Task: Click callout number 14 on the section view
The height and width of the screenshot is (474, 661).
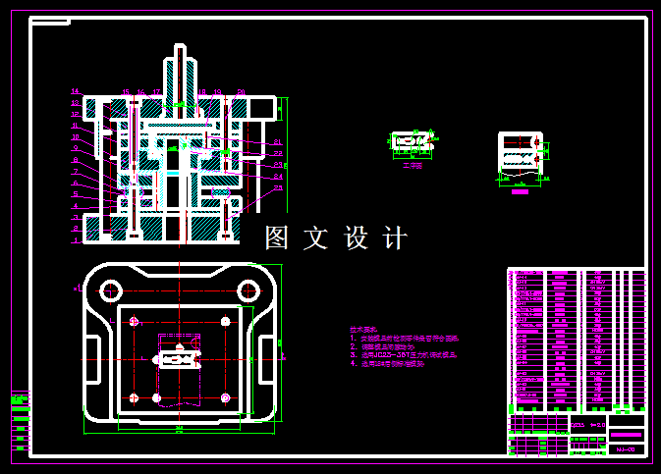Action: tap(75, 91)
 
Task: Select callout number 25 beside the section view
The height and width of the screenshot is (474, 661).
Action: tap(278, 187)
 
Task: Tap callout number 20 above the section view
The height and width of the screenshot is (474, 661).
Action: tap(242, 92)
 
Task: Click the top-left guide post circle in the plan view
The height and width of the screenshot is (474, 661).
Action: tap(110, 290)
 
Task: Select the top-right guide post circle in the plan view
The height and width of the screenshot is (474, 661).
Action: tap(248, 290)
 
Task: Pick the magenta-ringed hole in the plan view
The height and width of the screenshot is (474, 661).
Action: tap(226, 397)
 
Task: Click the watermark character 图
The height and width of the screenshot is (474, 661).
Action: tap(278, 237)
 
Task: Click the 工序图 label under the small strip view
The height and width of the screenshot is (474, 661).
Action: tap(412, 165)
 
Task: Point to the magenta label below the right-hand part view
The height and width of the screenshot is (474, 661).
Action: tap(520, 192)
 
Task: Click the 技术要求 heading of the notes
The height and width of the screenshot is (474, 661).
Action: tap(362, 330)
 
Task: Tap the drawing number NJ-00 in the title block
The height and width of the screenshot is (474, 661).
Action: tap(626, 448)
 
